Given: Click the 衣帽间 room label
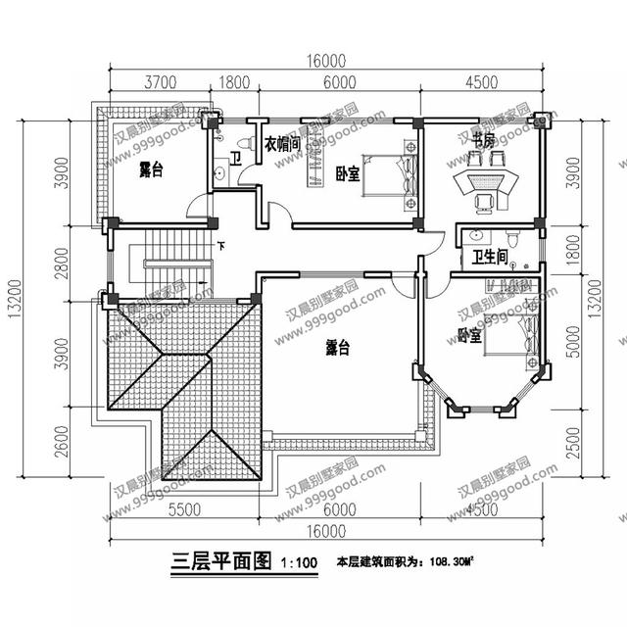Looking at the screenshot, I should (281, 143).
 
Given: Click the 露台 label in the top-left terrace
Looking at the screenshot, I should (150, 169).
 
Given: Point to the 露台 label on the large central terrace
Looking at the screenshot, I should (339, 347).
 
